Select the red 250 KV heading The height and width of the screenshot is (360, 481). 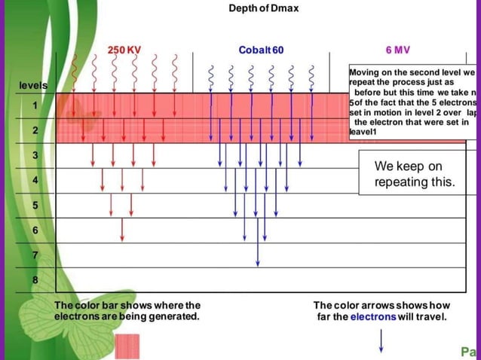pos(124,50)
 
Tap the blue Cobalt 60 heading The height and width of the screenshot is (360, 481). pos(261,50)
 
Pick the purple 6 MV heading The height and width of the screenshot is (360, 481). pos(397,50)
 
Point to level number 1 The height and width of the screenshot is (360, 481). pos(35,106)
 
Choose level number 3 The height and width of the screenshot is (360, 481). pos(35,156)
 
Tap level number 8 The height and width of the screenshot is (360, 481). pos(35,279)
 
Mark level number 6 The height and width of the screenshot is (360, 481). pos(35,230)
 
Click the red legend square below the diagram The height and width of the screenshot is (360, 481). pos(127,346)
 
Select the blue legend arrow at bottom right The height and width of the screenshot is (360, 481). pos(381,341)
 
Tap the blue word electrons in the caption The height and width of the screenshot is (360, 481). pos(373,316)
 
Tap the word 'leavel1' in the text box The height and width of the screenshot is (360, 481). pos(363,133)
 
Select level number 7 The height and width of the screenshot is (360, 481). pos(35,255)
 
